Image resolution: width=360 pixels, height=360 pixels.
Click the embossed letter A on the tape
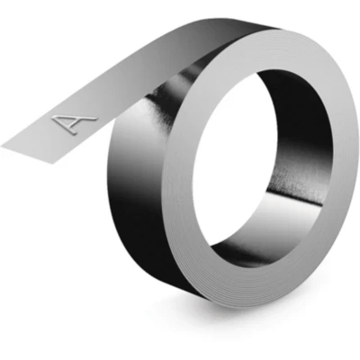[x=74, y=122]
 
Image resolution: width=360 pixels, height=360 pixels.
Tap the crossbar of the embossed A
[x=69, y=121]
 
